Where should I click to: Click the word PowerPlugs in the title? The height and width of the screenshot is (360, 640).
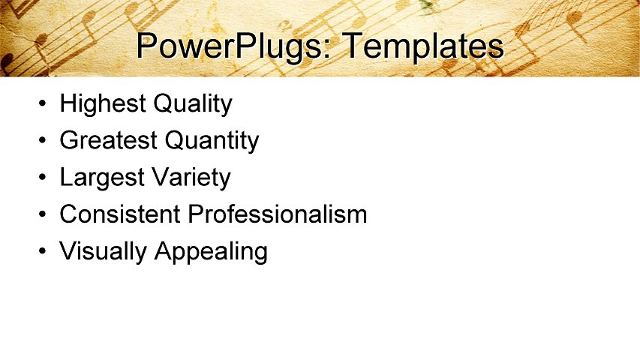[x=229, y=46]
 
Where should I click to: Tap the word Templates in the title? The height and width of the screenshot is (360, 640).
[x=422, y=46]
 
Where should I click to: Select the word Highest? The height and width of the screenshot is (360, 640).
[x=103, y=103]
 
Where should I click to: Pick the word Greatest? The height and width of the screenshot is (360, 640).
[x=109, y=140]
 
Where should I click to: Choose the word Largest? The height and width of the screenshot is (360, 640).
[x=102, y=178]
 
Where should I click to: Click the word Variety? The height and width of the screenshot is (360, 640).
[x=191, y=178]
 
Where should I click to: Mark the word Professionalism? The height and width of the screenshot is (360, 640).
[x=278, y=214]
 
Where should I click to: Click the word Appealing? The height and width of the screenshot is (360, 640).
[x=211, y=252]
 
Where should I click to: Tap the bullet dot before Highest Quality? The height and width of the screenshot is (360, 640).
[x=44, y=104]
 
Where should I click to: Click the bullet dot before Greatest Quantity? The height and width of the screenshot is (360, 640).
[x=44, y=141]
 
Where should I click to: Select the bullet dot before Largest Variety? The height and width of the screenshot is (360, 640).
[x=44, y=178]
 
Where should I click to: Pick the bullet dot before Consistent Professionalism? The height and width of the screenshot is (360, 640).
[x=44, y=215]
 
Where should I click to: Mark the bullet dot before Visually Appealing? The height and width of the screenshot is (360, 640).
[x=44, y=252]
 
